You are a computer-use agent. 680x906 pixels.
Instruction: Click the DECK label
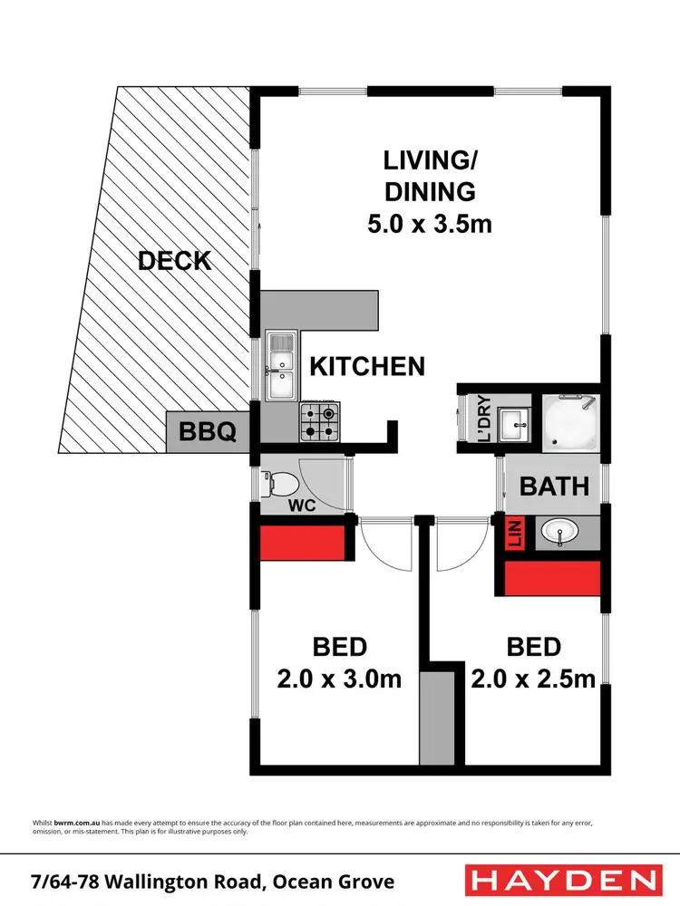click(x=174, y=261)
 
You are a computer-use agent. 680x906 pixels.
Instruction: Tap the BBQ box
click(x=208, y=432)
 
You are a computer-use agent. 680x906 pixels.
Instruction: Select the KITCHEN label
click(x=367, y=366)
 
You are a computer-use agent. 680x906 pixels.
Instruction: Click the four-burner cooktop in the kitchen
click(x=318, y=421)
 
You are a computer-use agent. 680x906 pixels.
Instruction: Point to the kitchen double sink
click(x=280, y=366)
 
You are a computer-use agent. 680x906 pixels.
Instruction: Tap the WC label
click(x=301, y=506)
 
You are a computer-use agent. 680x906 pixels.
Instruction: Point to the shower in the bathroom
click(x=570, y=420)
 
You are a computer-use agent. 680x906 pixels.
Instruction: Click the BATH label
click(x=554, y=486)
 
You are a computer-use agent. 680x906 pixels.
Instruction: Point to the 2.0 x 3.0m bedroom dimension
click(x=340, y=678)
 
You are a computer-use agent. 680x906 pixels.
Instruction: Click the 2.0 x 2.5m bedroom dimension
click(x=533, y=678)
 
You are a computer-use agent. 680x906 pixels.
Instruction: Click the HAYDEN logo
click(x=562, y=880)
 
